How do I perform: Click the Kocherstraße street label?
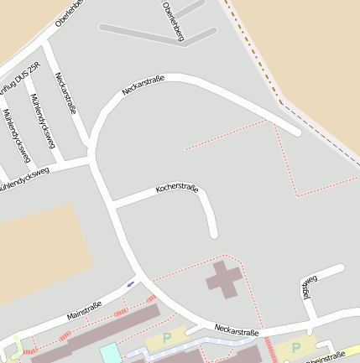tap(176, 189)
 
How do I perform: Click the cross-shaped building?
tap(224, 279)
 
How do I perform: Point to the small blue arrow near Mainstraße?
tap(130, 284)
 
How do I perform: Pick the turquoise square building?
tap(110, 353)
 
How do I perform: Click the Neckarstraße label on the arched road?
tap(143, 86)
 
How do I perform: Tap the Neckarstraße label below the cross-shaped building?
tap(236, 331)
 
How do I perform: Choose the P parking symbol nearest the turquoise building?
tap(166, 338)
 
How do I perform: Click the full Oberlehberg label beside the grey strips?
tap(175, 20)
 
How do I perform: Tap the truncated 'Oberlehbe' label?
tap(70, 13)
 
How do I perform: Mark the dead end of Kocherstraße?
tap(214, 234)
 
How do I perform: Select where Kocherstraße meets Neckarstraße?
tap(112, 204)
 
